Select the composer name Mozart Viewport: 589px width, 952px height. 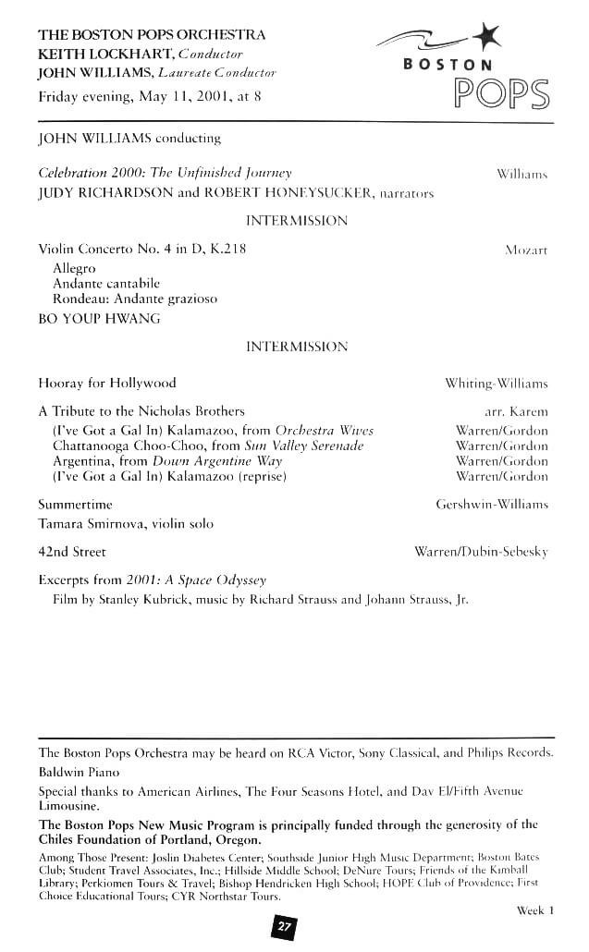pyautogui.click(x=526, y=250)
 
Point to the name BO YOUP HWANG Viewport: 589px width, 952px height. pyautogui.click(x=99, y=319)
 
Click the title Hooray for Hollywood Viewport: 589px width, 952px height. pyautogui.click(x=106, y=383)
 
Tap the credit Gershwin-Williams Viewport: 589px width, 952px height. pyautogui.click(x=492, y=505)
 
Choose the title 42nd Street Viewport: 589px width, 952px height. pyautogui.click(x=72, y=552)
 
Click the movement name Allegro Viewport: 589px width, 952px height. pyautogui.click(x=74, y=268)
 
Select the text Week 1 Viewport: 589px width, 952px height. pyautogui.click(x=535, y=910)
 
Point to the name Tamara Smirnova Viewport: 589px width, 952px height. pyautogui.click(x=90, y=524)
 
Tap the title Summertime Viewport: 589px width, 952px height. pyautogui.click(x=76, y=505)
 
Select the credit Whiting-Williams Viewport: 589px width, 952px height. pyautogui.click(x=497, y=383)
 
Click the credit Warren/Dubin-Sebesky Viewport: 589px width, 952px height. pyautogui.click(x=481, y=552)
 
